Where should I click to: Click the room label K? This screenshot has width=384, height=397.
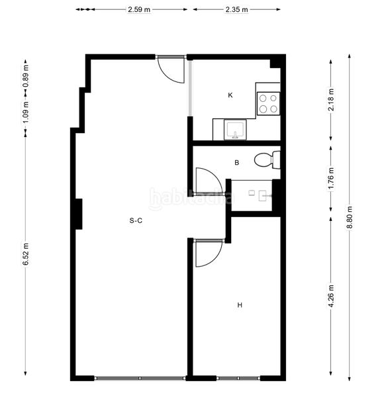pos(230,95)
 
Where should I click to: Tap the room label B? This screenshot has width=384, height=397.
pos(236,162)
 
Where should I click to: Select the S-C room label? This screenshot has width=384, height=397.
pos(136,221)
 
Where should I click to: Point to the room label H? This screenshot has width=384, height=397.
pos(240,305)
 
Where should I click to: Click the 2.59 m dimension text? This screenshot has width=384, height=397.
pos(139,10)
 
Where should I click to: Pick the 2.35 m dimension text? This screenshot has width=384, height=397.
pos(236,10)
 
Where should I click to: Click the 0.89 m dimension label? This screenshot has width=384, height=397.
pos(26,79)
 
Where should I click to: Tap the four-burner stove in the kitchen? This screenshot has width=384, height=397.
pos(268,103)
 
